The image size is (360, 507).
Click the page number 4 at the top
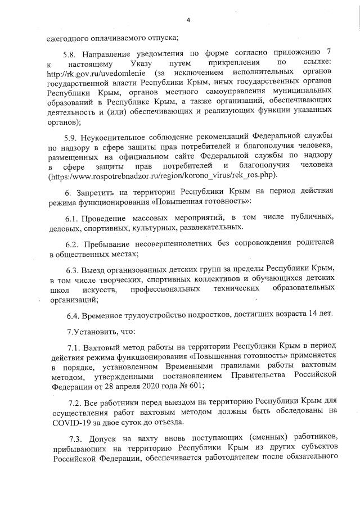click(188, 21)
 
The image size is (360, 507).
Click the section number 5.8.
click(73, 55)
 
